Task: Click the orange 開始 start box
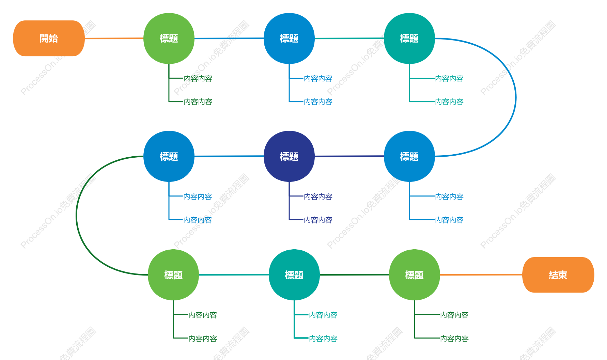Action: [x=49, y=38]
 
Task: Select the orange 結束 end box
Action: [x=558, y=275]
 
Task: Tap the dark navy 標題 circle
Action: [x=289, y=156]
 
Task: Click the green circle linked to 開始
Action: [x=169, y=38]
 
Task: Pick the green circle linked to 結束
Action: [x=415, y=275]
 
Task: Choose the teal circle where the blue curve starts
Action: [x=409, y=38]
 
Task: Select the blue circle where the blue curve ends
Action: [x=409, y=156]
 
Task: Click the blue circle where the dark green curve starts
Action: [x=169, y=156]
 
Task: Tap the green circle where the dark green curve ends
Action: [x=173, y=275]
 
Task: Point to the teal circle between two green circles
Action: [x=294, y=275]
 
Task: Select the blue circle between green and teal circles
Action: [x=289, y=38]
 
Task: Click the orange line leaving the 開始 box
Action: [x=114, y=38]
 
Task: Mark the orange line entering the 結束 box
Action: [x=481, y=275]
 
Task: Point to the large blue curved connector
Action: [x=516, y=97]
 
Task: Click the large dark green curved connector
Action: [x=77, y=216]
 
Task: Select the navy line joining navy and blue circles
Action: [x=349, y=156]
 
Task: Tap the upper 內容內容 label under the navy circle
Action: [x=318, y=197]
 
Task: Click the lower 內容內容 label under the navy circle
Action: [x=318, y=220]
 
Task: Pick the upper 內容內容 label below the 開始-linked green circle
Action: [x=198, y=78]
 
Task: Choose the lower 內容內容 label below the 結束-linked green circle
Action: [x=454, y=339]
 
